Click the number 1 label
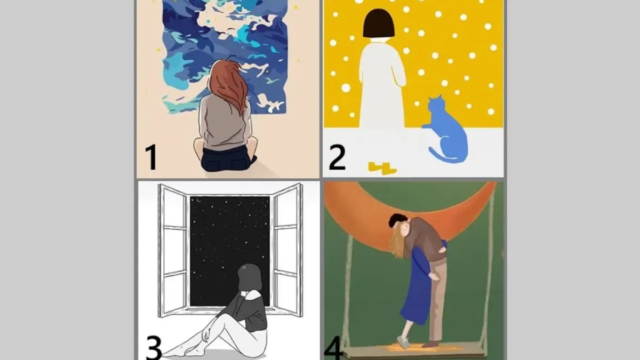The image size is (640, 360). (x=150, y=157)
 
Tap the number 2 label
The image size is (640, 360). (x=337, y=157)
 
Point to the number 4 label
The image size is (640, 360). (x=334, y=349)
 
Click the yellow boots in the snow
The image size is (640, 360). (x=382, y=168)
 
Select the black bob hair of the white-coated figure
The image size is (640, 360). (x=379, y=23)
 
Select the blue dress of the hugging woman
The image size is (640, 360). (x=417, y=286)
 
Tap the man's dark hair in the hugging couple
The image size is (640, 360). (x=397, y=219)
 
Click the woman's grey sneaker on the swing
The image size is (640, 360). (x=403, y=342)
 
